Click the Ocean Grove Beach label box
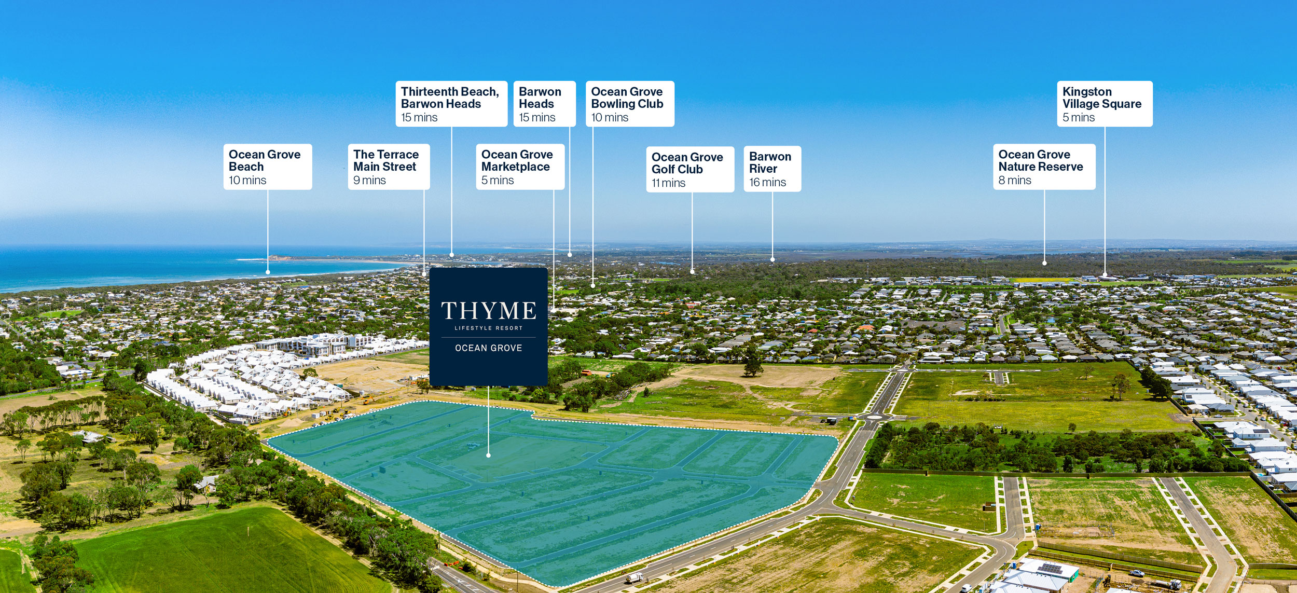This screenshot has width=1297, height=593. pyautogui.click(x=267, y=167)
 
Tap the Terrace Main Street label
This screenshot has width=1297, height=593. pyautogui.click(x=389, y=167)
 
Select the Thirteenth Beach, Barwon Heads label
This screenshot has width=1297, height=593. pyautogui.click(x=451, y=103)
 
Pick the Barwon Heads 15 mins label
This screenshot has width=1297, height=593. pyautogui.click(x=544, y=103)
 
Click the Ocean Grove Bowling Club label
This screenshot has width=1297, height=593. pyautogui.click(x=629, y=103)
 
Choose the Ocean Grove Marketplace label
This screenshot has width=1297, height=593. pyautogui.click(x=520, y=167)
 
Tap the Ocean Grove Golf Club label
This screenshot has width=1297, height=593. pyautogui.click(x=689, y=169)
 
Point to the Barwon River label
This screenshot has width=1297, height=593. pyautogui.click(x=772, y=169)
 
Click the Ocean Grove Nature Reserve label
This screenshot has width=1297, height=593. pyautogui.click(x=1044, y=167)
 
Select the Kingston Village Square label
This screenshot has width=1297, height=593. pyautogui.click(x=1105, y=103)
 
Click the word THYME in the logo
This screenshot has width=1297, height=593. pyautogui.click(x=488, y=311)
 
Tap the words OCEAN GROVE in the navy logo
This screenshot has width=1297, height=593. pyautogui.click(x=488, y=348)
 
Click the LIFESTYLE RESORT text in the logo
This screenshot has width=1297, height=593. pyautogui.click(x=488, y=328)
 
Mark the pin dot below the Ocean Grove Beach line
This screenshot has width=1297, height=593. pyautogui.click(x=268, y=272)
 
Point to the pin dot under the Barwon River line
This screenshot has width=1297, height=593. pyautogui.click(x=772, y=259)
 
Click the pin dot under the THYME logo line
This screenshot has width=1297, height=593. pyautogui.click(x=488, y=456)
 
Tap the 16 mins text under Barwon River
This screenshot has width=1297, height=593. pyautogui.click(x=767, y=183)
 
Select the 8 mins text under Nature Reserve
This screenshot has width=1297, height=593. pyautogui.click(x=1015, y=181)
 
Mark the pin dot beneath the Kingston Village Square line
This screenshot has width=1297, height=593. pyautogui.click(x=1105, y=274)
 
